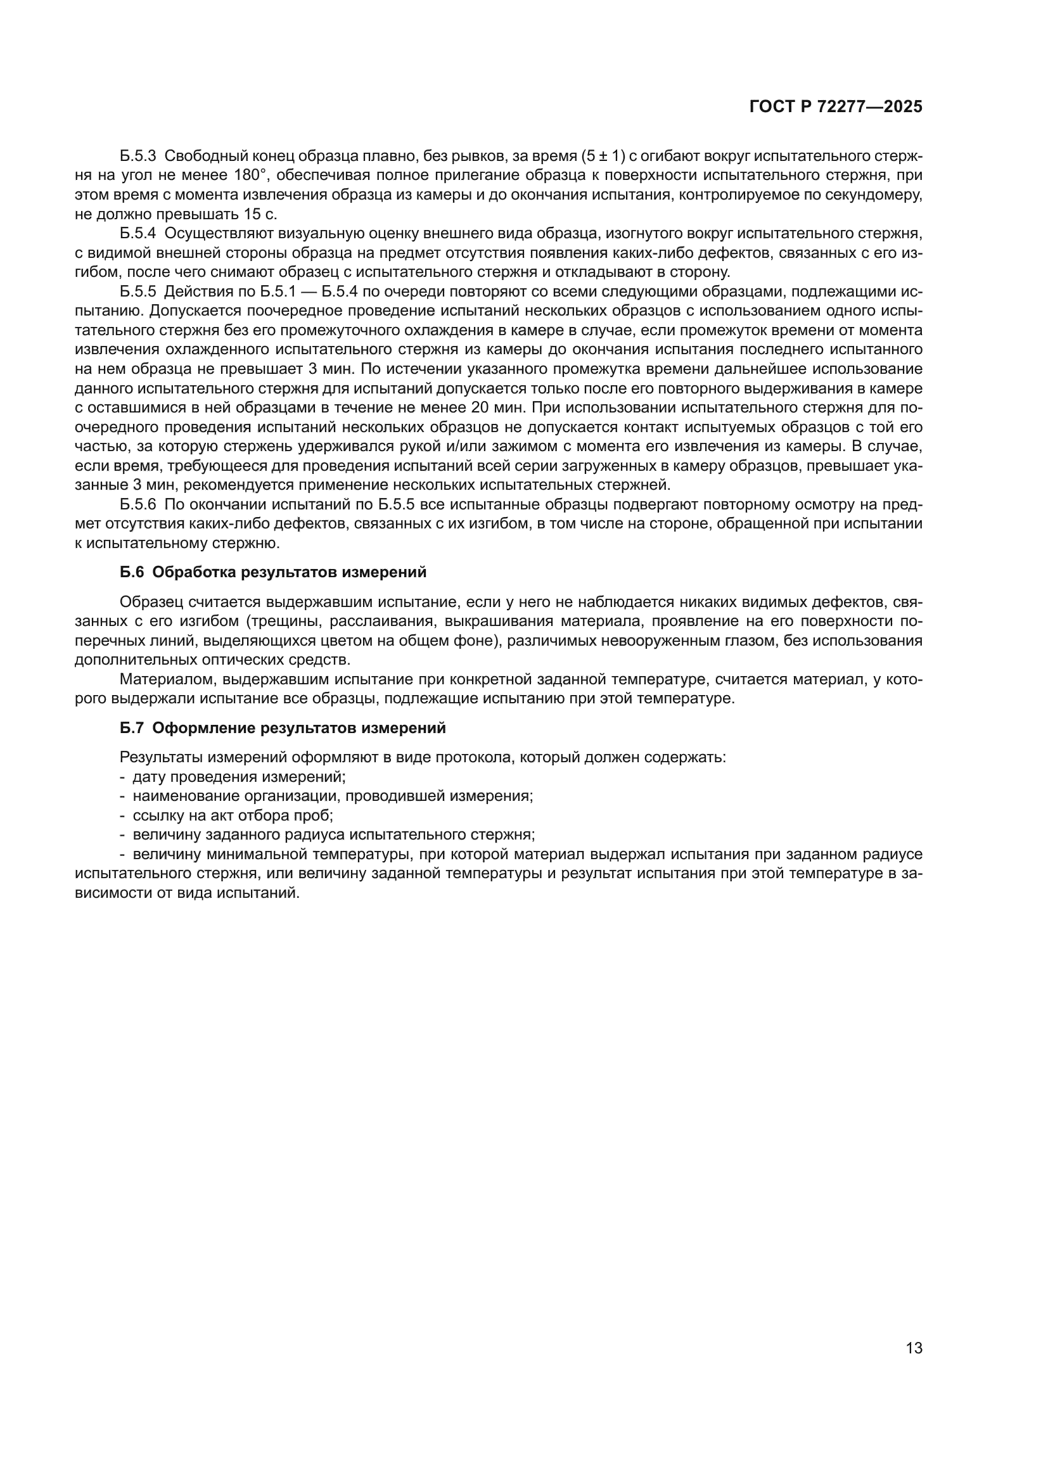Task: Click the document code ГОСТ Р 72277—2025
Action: tap(836, 107)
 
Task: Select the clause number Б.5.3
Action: tap(138, 157)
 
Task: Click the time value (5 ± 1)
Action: tap(603, 157)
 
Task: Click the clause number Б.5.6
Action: tap(138, 505)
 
